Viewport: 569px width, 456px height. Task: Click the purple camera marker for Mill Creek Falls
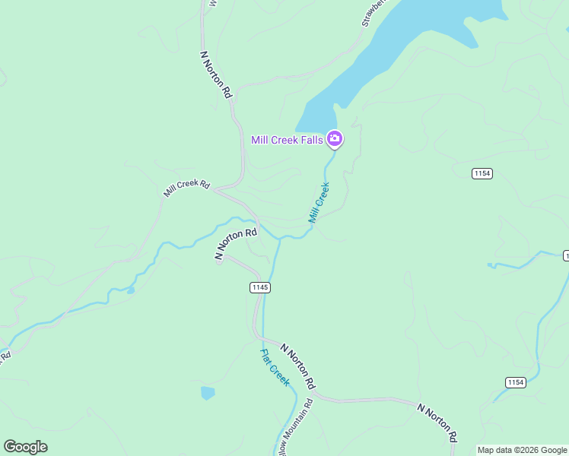pyautogui.click(x=334, y=139)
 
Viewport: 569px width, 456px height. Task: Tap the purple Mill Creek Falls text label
pyautogui.click(x=288, y=140)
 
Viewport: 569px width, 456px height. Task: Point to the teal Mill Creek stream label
pyautogui.click(x=319, y=202)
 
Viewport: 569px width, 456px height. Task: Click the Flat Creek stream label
pyautogui.click(x=275, y=367)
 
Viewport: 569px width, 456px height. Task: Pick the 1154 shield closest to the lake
pyautogui.click(x=482, y=173)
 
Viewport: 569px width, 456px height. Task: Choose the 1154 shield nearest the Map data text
pyautogui.click(x=515, y=382)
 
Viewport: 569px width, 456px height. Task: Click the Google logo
pyautogui.click(x=25, y=447)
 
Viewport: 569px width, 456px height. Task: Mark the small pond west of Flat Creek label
pyautogui.click(x=207, y=393)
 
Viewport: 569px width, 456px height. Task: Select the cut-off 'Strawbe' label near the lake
pyautogui.click(x=374, y=13)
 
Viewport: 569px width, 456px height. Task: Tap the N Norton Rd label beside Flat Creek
pyautogui.click(x=297, y=366)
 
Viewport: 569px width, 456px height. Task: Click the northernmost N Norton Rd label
pyautogui.click(x=215, y=74)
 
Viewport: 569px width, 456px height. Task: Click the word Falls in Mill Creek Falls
pyautogui.click(x=309, y=140)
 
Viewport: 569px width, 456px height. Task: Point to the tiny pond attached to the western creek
pyautogui.click(x=131, y=290)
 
